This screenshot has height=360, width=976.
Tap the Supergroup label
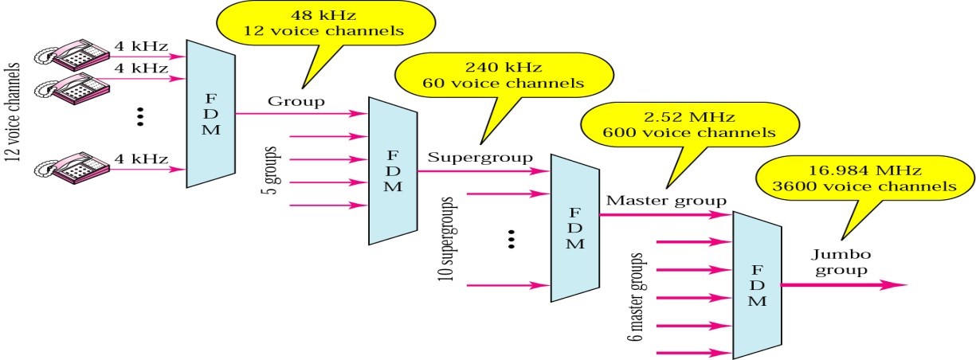point(480,156)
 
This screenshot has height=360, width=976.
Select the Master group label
point(666,200)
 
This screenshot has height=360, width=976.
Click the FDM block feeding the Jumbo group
point(757,284)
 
